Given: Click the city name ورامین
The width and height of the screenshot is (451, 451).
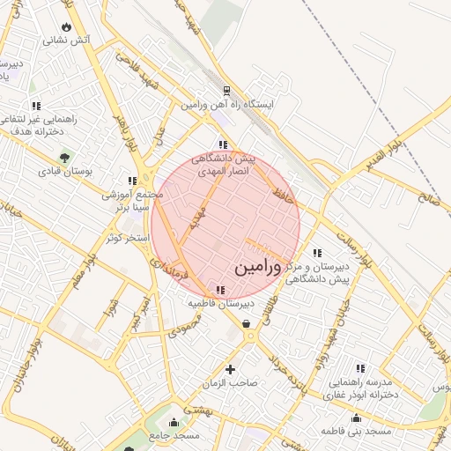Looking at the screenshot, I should [258, 268].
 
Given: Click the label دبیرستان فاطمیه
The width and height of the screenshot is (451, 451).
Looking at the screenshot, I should [218, 304].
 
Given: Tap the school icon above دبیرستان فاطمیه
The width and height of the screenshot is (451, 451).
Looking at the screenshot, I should [219, 290].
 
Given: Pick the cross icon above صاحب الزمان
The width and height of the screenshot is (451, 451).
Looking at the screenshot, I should [231, 369].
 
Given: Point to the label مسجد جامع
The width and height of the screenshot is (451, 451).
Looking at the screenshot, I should [174, 435].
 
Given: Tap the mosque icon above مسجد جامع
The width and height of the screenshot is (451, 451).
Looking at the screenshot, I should [174, 421].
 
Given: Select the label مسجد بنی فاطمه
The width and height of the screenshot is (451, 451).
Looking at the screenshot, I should [356, 432].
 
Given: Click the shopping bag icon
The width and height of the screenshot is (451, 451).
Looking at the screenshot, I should [245, 324].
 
